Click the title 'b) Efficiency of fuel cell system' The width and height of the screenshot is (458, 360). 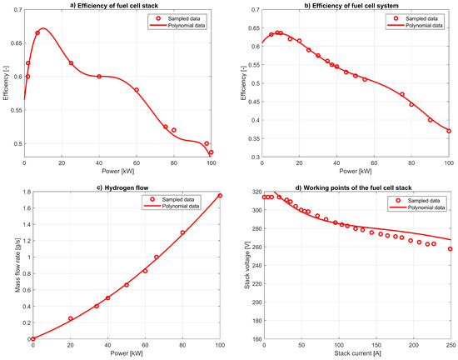pyautogui.click(x=354, y=5)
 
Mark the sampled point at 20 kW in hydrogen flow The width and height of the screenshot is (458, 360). pyautogui.click(x=70, y=318)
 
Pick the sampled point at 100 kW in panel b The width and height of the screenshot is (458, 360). pyautogui.click(x=450, y=131)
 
